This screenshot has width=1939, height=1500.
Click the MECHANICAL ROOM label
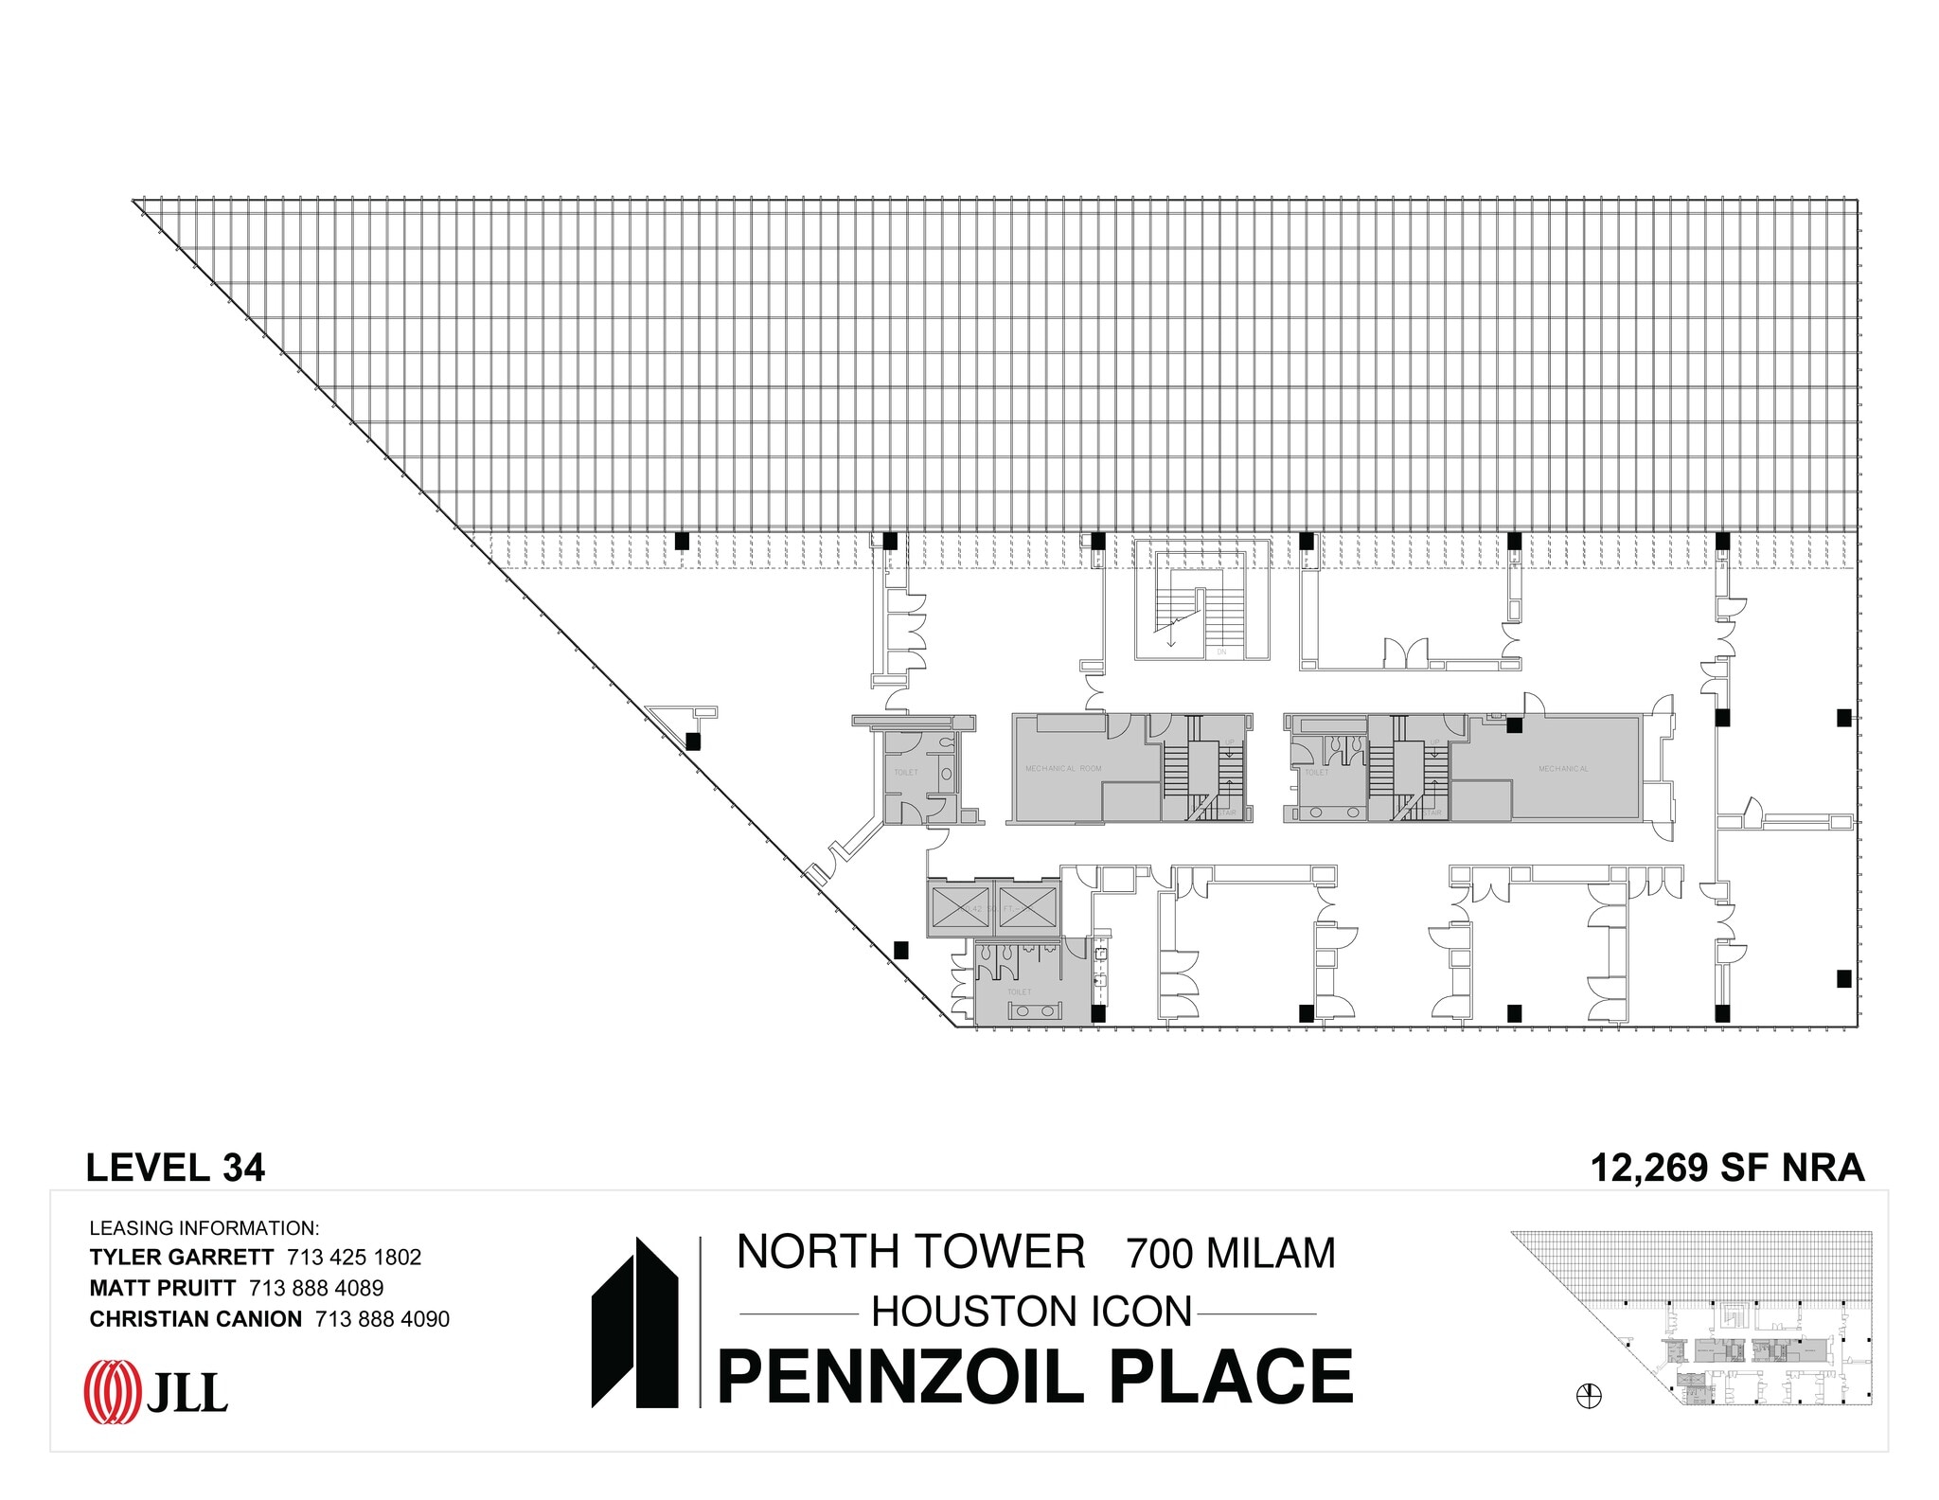(1063, 768)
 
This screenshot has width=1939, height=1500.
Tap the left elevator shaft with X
(961, 908)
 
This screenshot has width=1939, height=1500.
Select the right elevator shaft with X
(1026, 908)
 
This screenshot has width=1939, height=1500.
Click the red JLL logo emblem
(112, 1391)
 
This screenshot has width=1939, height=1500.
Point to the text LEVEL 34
(175, 1168)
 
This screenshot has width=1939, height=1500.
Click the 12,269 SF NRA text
(1727, 1168)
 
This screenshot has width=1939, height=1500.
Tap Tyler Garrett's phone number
(354, 1257)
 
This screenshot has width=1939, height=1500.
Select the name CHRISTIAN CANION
(195, 1318)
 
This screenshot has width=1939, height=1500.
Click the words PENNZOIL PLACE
(1035, 1377)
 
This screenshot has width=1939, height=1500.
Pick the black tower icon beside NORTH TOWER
(634, 1322)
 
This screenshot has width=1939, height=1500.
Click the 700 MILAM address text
(1230, 1253)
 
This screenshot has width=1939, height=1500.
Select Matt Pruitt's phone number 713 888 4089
(316, 1288)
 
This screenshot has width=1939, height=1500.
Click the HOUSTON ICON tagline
(1031, 1312)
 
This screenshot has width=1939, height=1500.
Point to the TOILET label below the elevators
(1019, 991)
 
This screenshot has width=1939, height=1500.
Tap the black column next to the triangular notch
(693, 741)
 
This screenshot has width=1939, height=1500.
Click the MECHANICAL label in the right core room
(1563, 768)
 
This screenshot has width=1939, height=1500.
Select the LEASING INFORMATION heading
(205, 1228)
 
